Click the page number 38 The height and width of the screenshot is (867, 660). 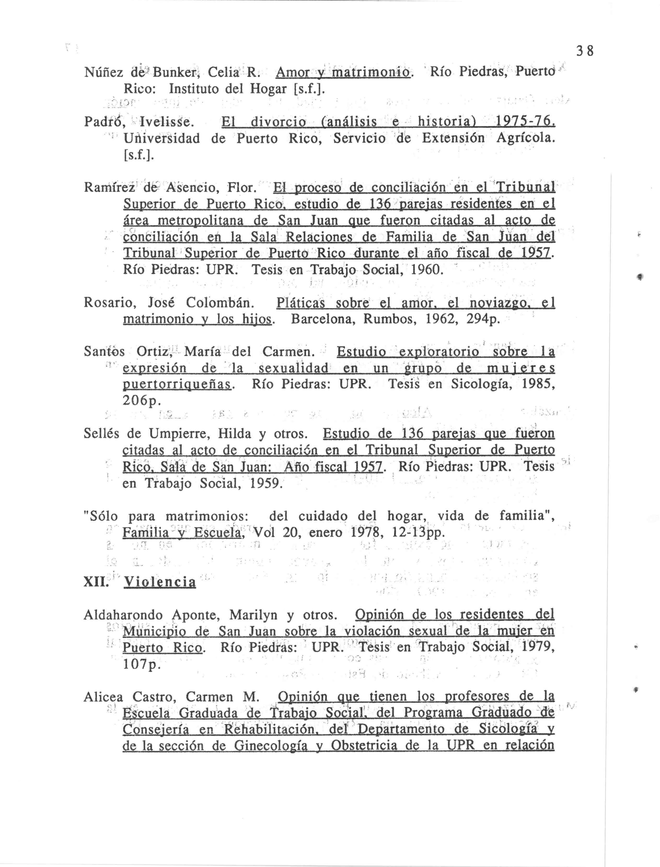(x=585, y=51)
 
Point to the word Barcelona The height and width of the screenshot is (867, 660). (x=323, y=319)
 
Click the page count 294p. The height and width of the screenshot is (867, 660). (x=483, y=319)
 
